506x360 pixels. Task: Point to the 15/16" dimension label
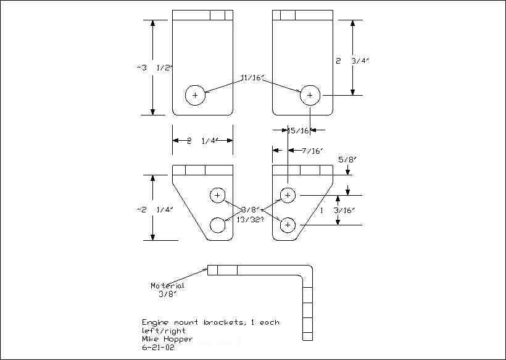tap(299, 130)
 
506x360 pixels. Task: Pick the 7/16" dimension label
tap(310, 151)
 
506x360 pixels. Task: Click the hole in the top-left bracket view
tap(195, 95)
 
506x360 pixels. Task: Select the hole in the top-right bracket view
tap(310, 95)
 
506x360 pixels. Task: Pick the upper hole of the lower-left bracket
tap(218, 195)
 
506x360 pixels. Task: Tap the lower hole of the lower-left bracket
tap(218, 225)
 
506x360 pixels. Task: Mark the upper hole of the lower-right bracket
tap(288, 195)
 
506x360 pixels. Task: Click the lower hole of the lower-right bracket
tap(288, 225)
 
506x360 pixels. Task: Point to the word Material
tap(167, 286)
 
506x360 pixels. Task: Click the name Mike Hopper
tap(167, 339)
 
